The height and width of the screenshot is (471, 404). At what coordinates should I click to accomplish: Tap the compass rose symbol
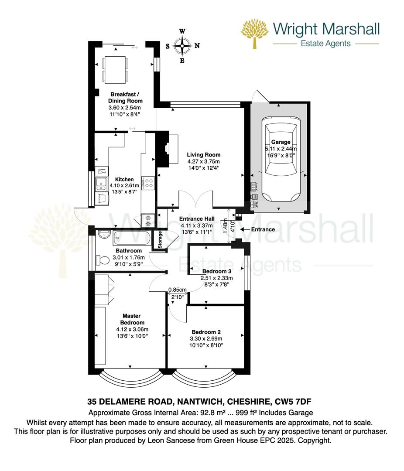[182, 45]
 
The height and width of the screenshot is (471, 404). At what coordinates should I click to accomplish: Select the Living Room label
[204, 155]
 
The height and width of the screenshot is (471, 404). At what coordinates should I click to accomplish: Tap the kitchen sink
[101, 184]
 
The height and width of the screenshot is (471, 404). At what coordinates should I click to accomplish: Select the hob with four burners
[148, 183]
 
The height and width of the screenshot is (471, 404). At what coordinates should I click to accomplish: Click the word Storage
[160, 240]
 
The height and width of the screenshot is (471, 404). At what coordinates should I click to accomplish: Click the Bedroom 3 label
[216, 271]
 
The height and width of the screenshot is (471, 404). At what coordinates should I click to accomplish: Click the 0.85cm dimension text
[178, 290]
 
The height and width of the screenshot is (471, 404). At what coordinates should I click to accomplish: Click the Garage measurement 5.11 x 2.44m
[281, 149]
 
